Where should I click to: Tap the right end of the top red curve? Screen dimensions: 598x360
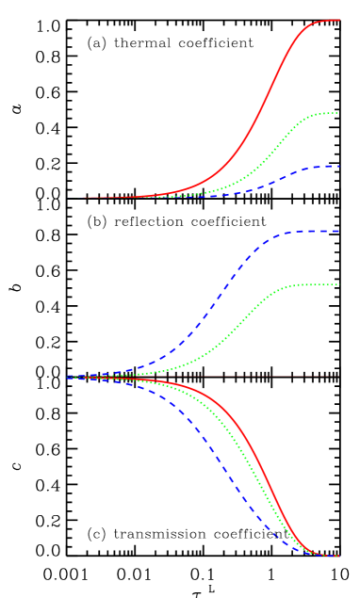pos(339,20)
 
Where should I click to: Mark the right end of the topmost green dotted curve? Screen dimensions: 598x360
pos(337,113)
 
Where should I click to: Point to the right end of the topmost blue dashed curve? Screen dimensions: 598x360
pos(339,167)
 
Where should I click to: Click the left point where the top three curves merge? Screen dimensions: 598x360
pos(83,198)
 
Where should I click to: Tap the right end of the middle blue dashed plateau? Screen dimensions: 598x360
pos(338,232)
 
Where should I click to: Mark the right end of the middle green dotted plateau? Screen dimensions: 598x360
pos(337,284)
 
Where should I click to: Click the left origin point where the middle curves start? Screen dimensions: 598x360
pos(70,377)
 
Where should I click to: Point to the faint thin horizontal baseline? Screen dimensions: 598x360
pos(311,377)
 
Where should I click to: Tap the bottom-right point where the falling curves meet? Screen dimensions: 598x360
pos(337,556)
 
